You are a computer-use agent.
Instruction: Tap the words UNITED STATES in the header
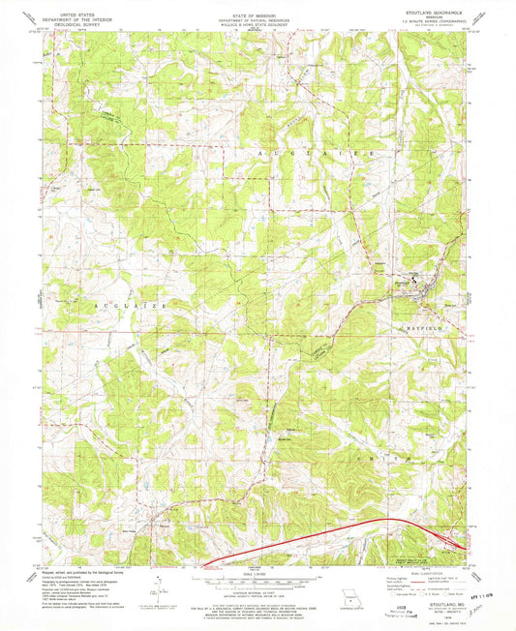point(83,6)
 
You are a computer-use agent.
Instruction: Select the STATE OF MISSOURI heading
point(258,6)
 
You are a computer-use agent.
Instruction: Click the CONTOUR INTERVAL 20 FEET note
point(258,589)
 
